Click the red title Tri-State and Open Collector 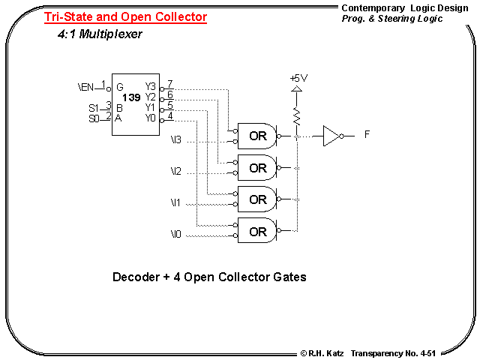pos(125,16)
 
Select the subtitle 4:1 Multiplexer pos(100,34)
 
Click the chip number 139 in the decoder pos(132,97)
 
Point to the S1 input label pos(94,108)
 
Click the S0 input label pos(94,118)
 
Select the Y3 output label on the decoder pos(151,87)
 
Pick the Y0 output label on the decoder pos(151,118)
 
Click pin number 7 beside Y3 pos(170,84)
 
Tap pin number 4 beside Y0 pos(170,115)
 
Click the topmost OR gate pos(257,136)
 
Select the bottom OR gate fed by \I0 pos(257,232)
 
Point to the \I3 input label pos(175,140)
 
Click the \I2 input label pos(175,172)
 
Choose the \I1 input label pos(175,204)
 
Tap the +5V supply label pos(298,78)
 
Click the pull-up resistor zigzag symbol pos(297,115)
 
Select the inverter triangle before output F pos(332,136)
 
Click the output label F pos(367,135)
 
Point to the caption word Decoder pos(134,277)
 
